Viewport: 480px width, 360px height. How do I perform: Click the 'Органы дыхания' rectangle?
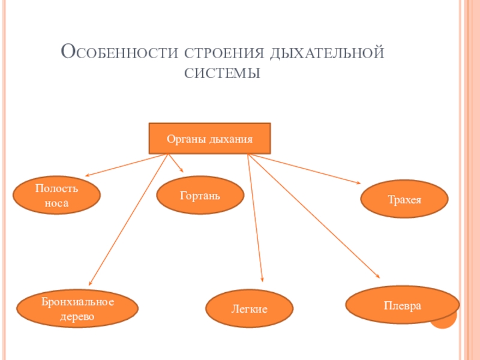pos(209,139)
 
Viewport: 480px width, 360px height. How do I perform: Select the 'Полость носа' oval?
pos(56,196)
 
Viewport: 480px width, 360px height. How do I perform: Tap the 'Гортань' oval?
pos(200,196)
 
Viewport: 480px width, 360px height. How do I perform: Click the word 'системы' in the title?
pos(221,74)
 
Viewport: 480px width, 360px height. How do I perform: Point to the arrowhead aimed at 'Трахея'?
pos(359,182)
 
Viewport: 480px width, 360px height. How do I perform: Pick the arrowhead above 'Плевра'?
pos(378,276)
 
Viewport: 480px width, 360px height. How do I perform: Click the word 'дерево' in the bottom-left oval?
pos(77,316)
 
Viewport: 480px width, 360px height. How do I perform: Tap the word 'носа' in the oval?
pos(56,203)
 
